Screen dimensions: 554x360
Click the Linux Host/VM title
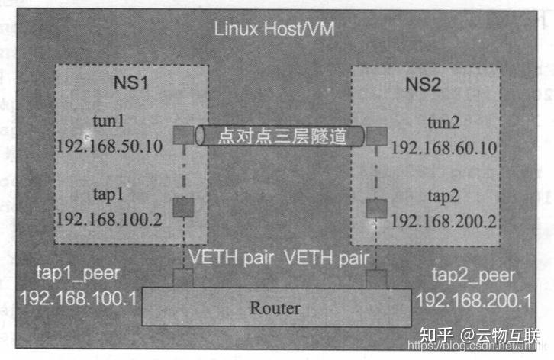click(x=274, y=31)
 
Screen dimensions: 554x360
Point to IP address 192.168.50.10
click(x=109, y=146)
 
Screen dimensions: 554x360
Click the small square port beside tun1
click(x=184, y=135)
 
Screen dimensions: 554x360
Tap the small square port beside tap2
click(x=374, y=207)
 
